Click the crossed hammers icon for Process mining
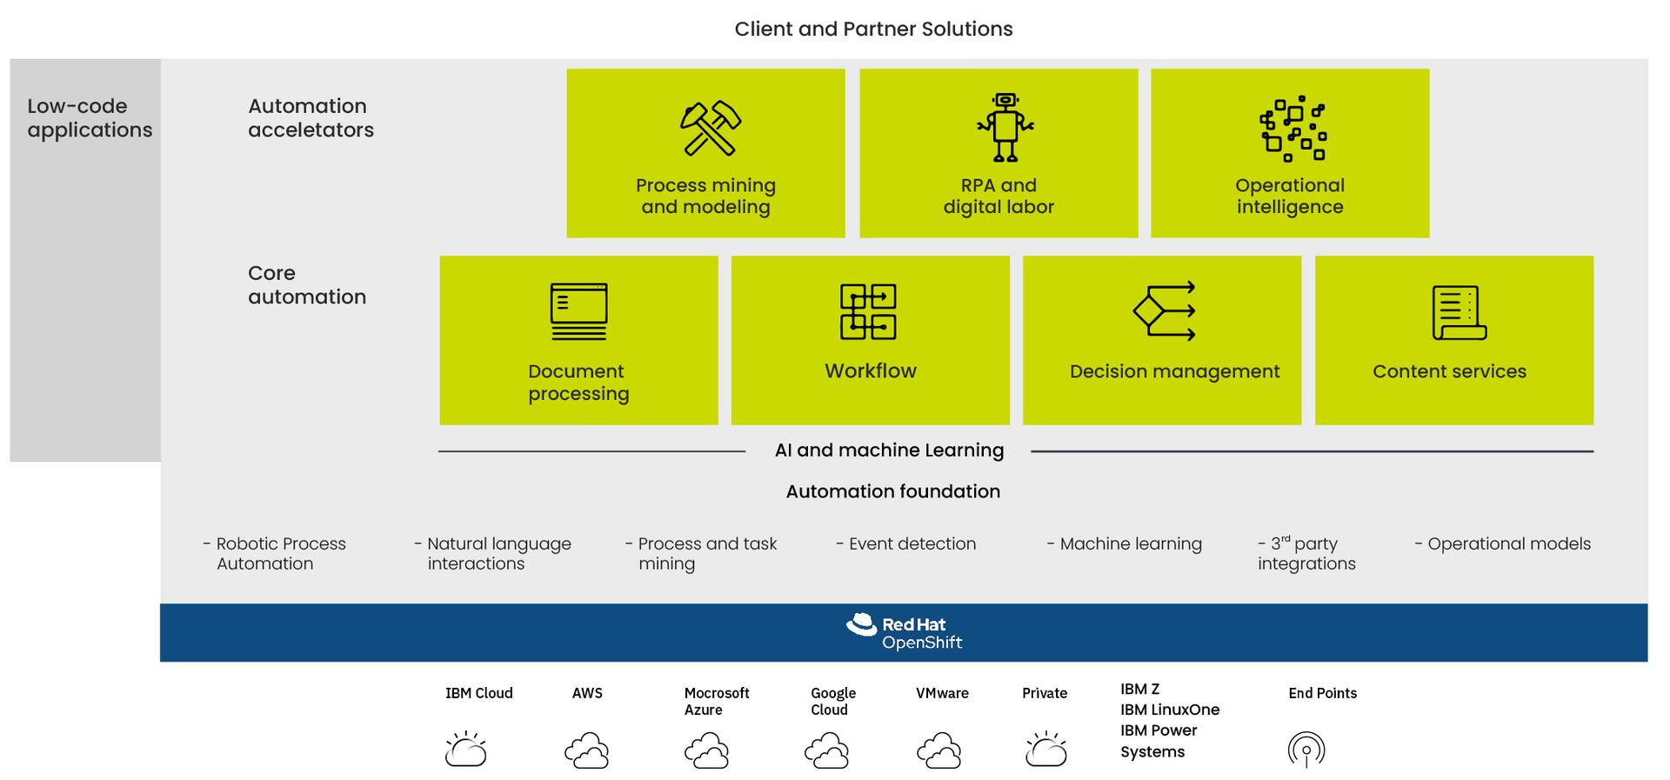pos(710,128)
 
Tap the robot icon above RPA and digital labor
pos(1005,128)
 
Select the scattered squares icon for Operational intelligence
pos(1293,129)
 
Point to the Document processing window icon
pos(578,311)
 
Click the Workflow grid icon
pos(868,311)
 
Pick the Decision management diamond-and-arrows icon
pos(1164,310)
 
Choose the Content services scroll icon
pos(1459,312)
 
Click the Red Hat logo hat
pos(862,624)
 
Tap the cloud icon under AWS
pos(587,750)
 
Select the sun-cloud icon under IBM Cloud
pos(466,749)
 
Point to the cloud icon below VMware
pos(939,750)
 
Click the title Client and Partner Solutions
pos(873,29)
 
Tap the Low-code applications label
pos(90,118)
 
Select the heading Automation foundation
pos(892,491)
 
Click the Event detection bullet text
pos(912,544)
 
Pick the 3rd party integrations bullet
pos(1306,554)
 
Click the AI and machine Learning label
pos(889,450)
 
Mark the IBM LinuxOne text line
pos(1169,710)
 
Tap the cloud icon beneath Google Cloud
pos(826,750)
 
